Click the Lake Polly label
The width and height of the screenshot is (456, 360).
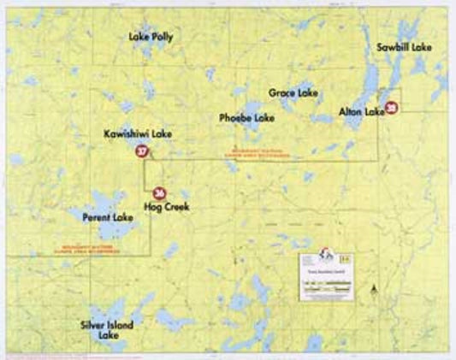[x=150, y=38]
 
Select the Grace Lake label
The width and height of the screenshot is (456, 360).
[x=293, y=91]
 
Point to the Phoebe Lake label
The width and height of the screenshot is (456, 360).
[x=246, y=116]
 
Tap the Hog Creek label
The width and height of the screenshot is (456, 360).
[x=166, y=207]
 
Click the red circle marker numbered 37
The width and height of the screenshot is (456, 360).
[x=142, y=154]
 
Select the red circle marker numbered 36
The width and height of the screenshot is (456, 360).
[x=159, y=193]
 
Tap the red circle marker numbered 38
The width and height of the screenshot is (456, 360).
[x=391, y=109]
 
